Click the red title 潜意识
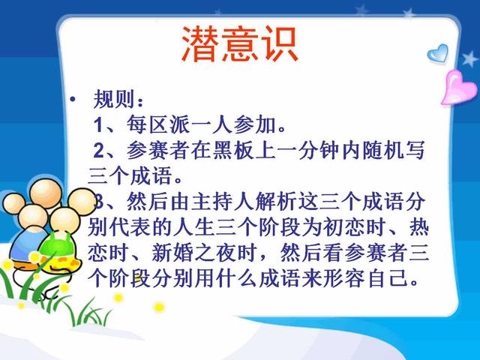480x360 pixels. point(240,44)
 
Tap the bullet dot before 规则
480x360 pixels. point(73,99)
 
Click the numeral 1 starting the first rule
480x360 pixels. point(98,125)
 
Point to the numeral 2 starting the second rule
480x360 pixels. point(99,151)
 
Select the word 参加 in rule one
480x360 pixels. point(255,124)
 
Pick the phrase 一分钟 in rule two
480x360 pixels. point(309,150)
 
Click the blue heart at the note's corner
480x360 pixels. point(438,53)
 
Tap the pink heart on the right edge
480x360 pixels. point(457,88)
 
